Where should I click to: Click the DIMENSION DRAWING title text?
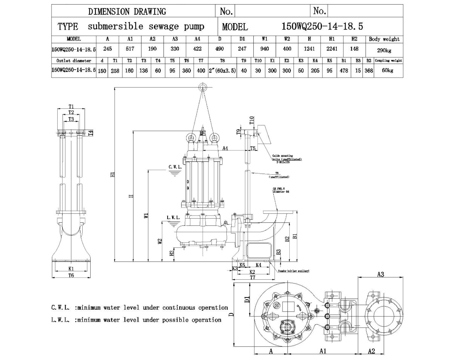127,11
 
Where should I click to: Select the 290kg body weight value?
384,51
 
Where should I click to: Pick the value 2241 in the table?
332,49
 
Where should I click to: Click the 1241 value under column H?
309,49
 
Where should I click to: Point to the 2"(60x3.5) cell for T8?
222,70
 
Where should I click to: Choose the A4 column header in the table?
197,39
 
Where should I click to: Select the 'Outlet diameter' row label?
74,61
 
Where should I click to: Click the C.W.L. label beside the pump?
175,167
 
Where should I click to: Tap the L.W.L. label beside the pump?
174,218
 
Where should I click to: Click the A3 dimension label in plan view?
381,274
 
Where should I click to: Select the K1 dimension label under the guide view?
71,268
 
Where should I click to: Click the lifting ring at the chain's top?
202,88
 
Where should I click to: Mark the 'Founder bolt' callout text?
293,271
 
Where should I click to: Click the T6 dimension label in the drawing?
71,275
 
